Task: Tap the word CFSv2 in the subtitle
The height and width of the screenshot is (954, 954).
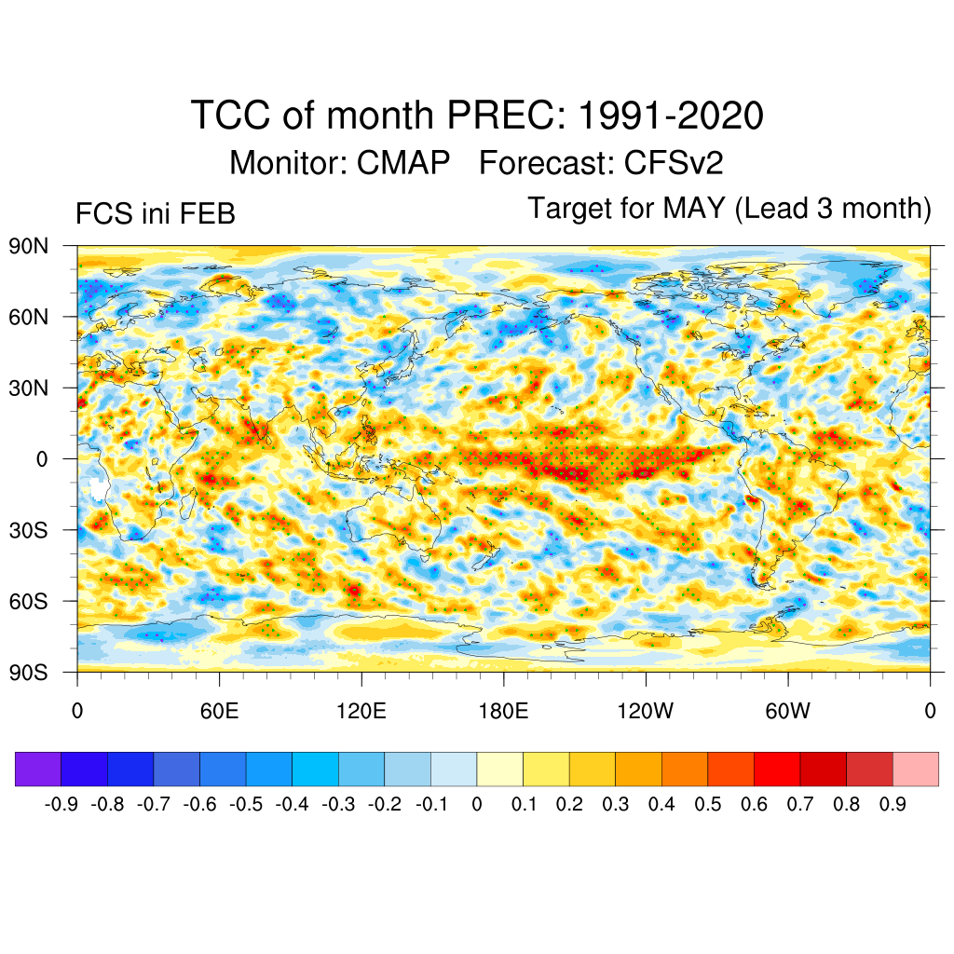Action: click(x=674, y=163)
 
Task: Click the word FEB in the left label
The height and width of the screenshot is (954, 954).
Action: click(x=210, y=213)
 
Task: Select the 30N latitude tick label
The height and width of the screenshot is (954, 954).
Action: click(x=31, y=388)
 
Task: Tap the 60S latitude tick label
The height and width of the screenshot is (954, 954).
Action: click(x=31, y=601)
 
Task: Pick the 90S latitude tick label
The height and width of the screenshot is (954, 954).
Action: click(x=31, y=672)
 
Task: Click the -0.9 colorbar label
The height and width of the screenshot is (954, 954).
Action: click(x=61, y=804)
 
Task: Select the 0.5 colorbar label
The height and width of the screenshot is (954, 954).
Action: click(x=708, y=804)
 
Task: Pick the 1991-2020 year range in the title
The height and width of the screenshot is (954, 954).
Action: click(x=672, y=116)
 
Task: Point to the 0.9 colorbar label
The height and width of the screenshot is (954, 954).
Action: click(x=893, y=804)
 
